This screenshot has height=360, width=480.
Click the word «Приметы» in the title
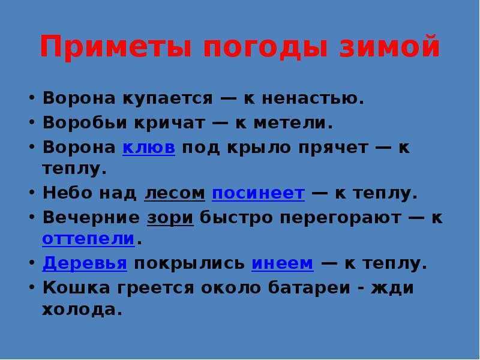coord(116,47)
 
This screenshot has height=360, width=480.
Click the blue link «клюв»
coord(149,147)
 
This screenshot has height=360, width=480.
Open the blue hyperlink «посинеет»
coord(259,193)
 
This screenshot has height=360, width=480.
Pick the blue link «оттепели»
coord(88,239)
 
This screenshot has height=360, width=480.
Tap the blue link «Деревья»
coord(85,263)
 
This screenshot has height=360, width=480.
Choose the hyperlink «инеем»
coord(282,263)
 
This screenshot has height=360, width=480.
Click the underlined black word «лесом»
coord(175,193)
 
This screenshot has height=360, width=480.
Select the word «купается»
coord(167,99)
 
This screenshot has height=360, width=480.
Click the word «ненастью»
coord(313,98)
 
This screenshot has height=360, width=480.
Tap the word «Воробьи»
coord(85,123)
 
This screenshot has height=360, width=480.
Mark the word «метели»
coord(293,123)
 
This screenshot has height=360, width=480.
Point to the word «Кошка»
coord(76,288)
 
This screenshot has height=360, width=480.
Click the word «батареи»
coord(309,288)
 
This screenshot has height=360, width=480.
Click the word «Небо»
coord(68,193)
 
